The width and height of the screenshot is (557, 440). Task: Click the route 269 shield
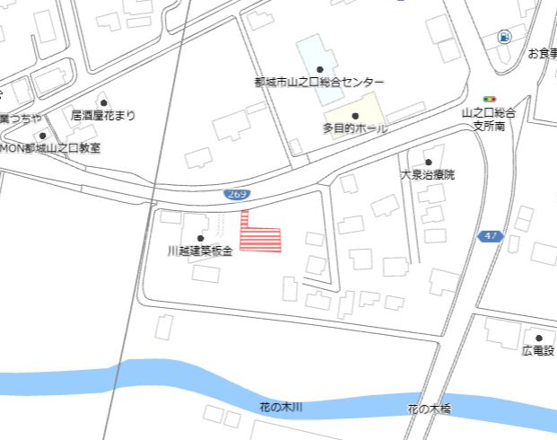point(237,194)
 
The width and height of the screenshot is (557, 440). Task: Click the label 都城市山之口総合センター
point(318,82)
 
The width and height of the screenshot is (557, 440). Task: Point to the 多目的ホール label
point(355,128)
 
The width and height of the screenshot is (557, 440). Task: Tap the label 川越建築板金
point(200,252)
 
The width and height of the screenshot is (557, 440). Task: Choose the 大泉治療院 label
point(427,174)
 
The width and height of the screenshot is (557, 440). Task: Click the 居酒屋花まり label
point(104,115)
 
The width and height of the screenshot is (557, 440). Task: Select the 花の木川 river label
point(281,408)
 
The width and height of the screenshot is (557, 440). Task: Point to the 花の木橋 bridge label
point(429,409)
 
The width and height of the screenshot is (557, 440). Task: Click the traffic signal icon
point(490,99)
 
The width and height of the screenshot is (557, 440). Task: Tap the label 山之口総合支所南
point(490,119)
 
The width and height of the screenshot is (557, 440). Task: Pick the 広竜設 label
point(538,350)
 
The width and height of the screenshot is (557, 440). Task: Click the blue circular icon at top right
point(504,37)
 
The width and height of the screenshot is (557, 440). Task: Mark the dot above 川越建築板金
point(200,239)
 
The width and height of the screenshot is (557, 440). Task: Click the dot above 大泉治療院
point(428,162)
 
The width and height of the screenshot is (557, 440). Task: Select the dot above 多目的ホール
point(355,116)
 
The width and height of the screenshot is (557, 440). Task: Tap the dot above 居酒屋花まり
point(104,102)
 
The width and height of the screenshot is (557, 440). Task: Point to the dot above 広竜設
point(539,338)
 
